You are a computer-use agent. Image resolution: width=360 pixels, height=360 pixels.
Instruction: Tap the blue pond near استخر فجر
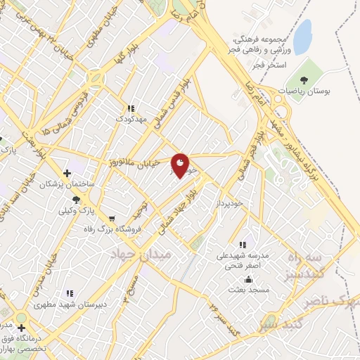(302, 37)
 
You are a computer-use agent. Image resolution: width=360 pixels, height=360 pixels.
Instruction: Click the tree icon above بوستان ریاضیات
(304, 79)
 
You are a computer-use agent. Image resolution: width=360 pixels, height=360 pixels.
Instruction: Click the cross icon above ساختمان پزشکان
(67, 173)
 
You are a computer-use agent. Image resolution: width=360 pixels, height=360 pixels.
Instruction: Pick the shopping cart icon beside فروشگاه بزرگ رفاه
(111, 218)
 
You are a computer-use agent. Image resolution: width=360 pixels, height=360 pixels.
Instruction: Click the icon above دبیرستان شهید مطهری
(69, 293)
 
